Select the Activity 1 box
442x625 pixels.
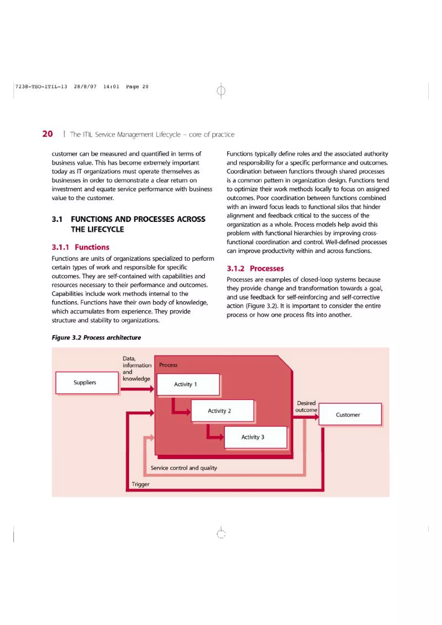[x=188, y=384]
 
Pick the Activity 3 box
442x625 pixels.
[x=255, y=437]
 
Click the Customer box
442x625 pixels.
[x=350, y=415]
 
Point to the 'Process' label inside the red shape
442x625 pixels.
[x=168, y=365]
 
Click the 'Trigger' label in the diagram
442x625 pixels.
[x=140, y=484]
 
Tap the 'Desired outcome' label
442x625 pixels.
[x=306, y=406]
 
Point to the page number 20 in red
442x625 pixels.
[x=47, y=134]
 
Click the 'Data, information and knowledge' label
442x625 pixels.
[x=136, y=369]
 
